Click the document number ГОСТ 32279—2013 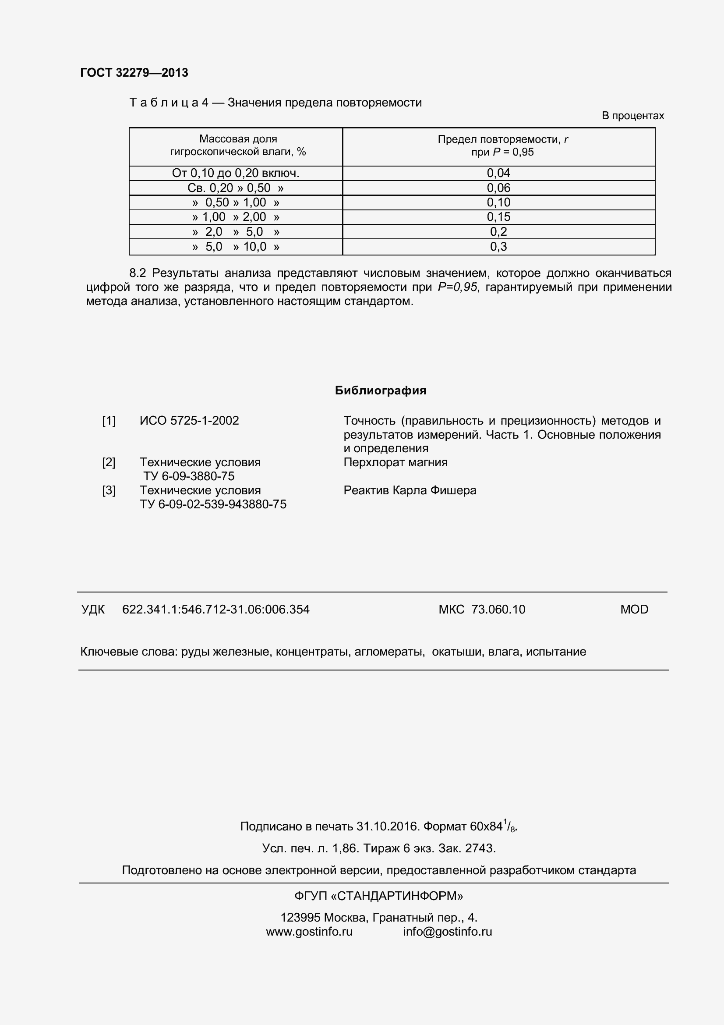point(134,73)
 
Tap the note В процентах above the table point(632,116)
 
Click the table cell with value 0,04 point(498,173)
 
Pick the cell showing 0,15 point(498,217)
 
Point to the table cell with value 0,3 point(498,246)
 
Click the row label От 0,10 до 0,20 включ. point(236,173)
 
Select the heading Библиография point(381,390)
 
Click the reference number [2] point(109,462)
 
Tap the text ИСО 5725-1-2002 point(189,421)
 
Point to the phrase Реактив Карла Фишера point(410,490)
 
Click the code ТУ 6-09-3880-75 point(189,476)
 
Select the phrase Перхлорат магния point(395,462)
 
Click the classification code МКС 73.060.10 point(482,610)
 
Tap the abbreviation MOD point(634,610)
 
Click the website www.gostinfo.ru point(309,932)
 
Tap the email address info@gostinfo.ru point(448,932)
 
